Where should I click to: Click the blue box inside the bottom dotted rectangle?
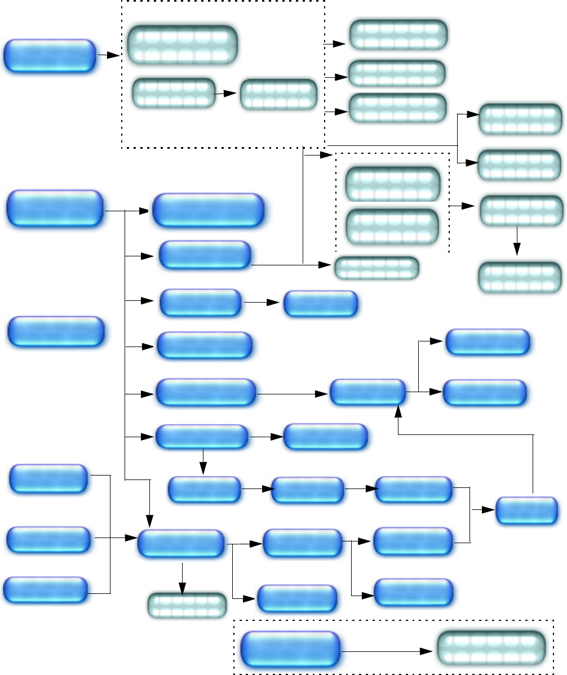tap(290, 649)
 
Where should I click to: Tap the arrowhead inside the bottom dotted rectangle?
tap(428, 652)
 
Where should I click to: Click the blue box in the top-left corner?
tap(49, 56)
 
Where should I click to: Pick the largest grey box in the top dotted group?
tap(182, 45)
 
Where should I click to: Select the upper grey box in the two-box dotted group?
tap(392, 184)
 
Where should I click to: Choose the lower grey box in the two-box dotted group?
tap(392, 226)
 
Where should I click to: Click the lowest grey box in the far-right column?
tap(520, 277)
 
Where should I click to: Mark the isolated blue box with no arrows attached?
tap(56, 331)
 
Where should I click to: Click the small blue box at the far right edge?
tap(527, 510)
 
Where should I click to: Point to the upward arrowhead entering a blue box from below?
tap(399, 410)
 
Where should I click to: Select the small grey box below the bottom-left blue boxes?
tap(187, 605)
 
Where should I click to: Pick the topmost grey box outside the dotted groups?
tap(398, 34)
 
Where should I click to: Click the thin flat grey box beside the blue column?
tap(376, 268)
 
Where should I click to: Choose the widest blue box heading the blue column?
tap(209, 210)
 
